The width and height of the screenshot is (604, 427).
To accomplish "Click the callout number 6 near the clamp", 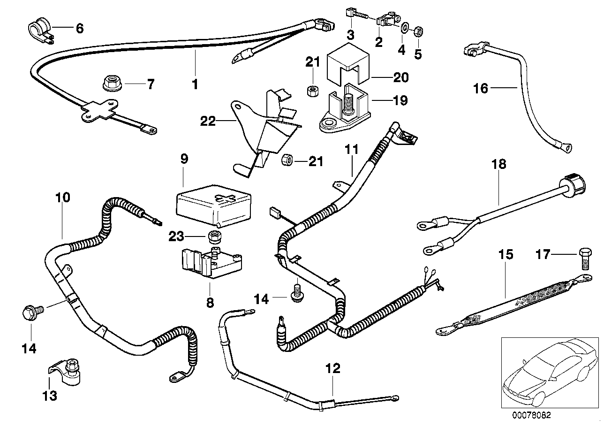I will [79, 29].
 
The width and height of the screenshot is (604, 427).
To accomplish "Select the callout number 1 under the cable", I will [195, 85].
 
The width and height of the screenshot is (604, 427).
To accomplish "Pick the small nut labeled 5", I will [419, 31].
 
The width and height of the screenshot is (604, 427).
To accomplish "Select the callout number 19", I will [401, 100].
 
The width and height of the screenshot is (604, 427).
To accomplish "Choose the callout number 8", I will [210, 303].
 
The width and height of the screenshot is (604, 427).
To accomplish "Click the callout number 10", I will [62, 198].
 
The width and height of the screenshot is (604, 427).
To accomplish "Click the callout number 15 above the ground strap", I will [506, 255].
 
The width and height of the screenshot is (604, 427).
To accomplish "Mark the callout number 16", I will [481, 88].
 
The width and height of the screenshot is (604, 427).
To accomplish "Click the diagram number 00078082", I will [532, 416].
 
